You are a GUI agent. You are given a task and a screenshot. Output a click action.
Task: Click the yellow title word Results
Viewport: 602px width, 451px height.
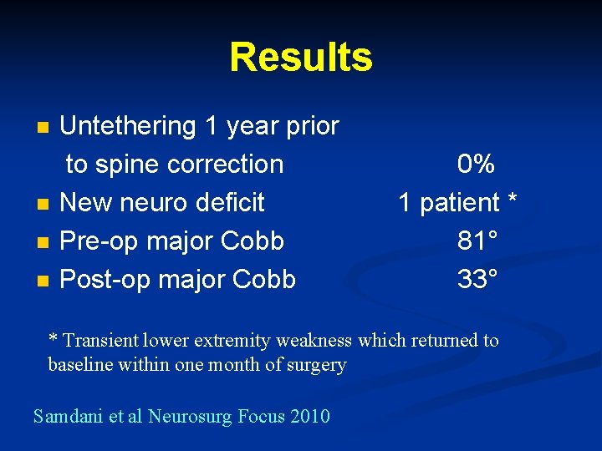pos(301,58)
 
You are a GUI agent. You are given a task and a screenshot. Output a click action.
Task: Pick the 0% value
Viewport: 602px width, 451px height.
pos(477,165)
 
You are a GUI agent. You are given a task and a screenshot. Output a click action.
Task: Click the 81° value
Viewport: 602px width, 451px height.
pos(478,241)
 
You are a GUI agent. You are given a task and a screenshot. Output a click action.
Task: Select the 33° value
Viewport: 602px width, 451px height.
pos(478,280)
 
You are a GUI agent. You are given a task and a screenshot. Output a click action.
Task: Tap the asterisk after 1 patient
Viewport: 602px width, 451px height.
pos(513,200)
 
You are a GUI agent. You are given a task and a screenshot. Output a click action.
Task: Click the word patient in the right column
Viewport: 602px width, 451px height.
pos(459,203)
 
